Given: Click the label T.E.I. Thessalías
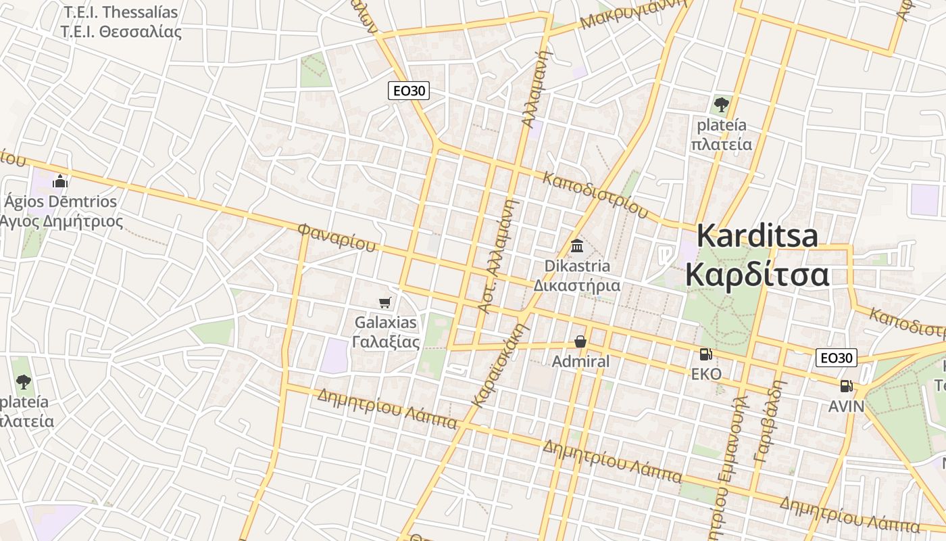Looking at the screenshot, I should click(x=120, y=12).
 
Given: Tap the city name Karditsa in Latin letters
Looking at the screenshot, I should click(x=757, y=236).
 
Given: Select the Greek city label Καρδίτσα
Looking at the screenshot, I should click(x=757, y=275).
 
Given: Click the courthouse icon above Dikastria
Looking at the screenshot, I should click(x=577, y=246).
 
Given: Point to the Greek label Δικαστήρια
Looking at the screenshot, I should click(x=577, y=285).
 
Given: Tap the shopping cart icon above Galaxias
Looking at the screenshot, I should click(x=385, y=303).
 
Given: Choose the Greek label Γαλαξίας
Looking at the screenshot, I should click(x=386, y=342).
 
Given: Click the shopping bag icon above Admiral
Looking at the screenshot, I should click(x=580, y=342).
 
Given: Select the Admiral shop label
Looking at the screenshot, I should click(x=580, y=362).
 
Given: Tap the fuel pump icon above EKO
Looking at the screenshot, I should click(x=705, y=354).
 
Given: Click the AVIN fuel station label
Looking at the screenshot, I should click(x=847, y=406).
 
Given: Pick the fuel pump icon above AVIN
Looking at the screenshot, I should click(x=845, y=386).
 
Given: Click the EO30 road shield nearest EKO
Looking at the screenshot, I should click(x=837, y=358).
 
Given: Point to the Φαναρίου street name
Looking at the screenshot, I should click(x=336, y=237).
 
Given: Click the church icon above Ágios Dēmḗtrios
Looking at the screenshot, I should click(x=60, y=181).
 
